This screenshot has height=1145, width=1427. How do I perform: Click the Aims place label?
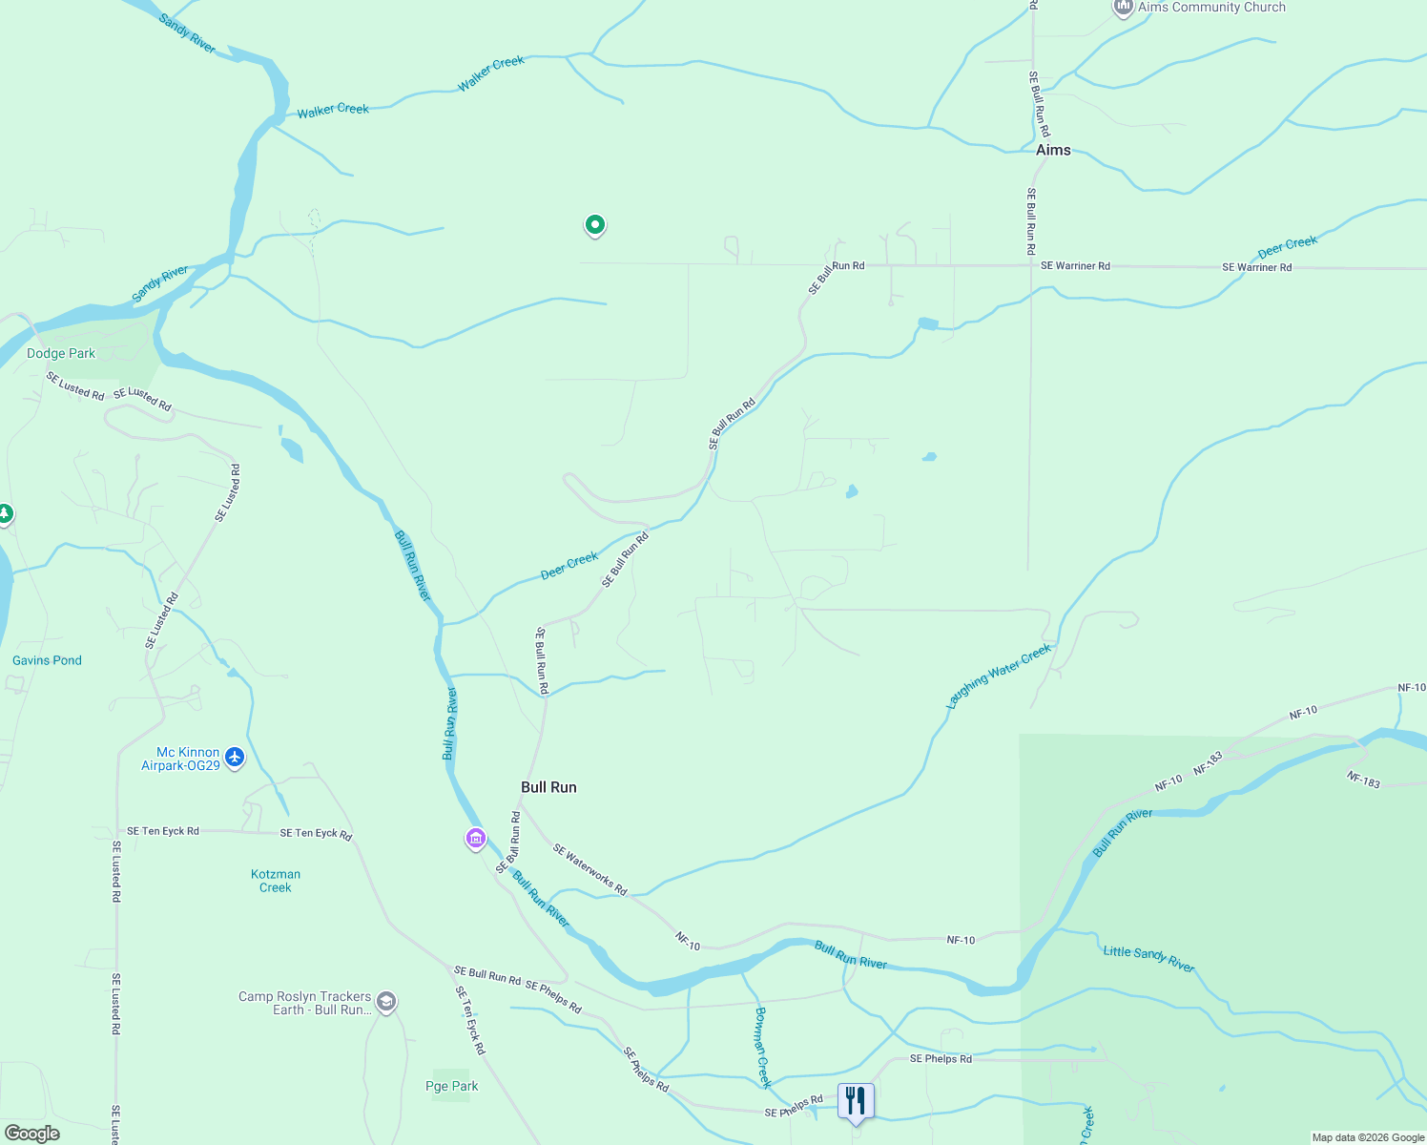[1053, 150]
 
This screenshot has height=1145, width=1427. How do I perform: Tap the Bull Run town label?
[548, 787]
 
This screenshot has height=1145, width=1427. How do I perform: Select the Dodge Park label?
[61, 353]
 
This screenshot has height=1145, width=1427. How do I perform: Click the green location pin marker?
[594, 225]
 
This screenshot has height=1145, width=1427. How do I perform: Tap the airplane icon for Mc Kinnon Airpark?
[235, 759]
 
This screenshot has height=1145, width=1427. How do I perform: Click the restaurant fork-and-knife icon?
[856, 1100]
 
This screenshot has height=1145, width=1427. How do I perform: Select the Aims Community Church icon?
[1124, 8]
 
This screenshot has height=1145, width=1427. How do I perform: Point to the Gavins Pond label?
[47, 660]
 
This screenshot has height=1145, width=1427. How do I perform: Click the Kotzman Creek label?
[276, 881]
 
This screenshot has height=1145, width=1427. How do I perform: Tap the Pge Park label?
[452, 1086]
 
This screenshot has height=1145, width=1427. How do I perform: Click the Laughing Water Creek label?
[998, 676]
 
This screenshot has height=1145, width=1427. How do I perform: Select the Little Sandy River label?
[1148, 958]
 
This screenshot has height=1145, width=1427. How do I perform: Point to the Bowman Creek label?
[762, 1047]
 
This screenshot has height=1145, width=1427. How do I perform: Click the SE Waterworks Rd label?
[589, 869]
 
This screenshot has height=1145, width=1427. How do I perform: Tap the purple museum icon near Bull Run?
[476, 839]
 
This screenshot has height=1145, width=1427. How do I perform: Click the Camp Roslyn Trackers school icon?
[386, 1002]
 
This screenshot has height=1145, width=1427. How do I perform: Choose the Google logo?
[32, 1133]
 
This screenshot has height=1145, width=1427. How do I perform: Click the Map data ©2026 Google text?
[1368, 1137]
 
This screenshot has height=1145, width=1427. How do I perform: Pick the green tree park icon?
[5, 514]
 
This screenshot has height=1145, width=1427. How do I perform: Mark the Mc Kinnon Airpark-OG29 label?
[181, 759]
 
